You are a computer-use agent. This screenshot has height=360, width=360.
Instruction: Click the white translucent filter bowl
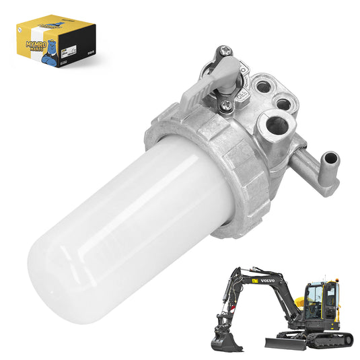pyautogui.click(x=128, y=215)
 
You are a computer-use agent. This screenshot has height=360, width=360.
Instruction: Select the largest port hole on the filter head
pyautogui.click(x=276, y=126)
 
